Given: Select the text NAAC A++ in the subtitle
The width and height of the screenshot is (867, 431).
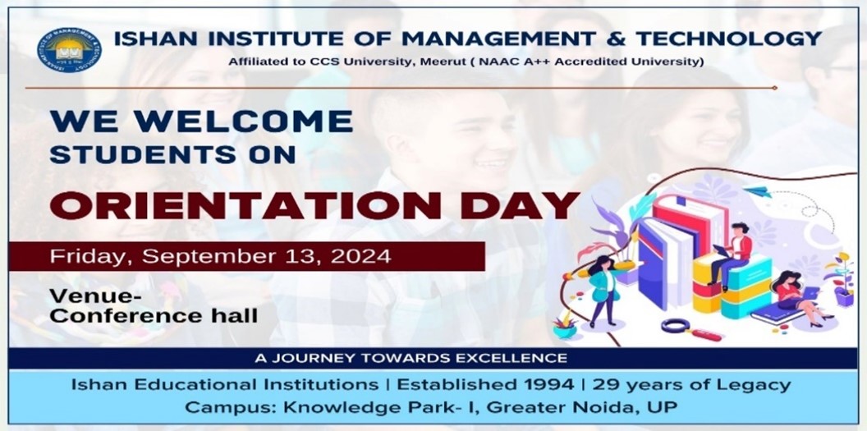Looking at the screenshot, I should [x=526, y=62].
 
